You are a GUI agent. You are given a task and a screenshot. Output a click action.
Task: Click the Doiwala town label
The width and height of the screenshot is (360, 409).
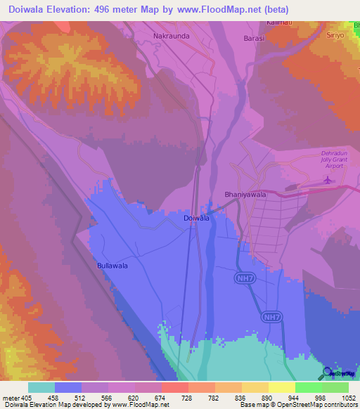pyautogui.click(x=196, y=219)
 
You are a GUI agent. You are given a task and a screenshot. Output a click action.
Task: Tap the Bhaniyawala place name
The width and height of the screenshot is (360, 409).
pyautogui.click(x=225, y=193)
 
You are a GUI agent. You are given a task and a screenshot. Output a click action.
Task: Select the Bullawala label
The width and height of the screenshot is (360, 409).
pyautogui.click(x=112, y=266)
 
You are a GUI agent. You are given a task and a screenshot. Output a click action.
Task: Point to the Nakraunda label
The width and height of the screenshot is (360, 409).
pyautogui.click(x=172, y=34)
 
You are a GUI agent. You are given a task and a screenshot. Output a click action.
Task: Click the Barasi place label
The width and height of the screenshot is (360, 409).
pyautogui.click(x=253, y=39)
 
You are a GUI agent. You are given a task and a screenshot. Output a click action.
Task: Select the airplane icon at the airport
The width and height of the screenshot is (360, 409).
pyautogui.click(x=328, y=181)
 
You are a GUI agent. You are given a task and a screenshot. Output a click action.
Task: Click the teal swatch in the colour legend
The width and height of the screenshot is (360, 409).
pyautogui.click(x=41, y=387)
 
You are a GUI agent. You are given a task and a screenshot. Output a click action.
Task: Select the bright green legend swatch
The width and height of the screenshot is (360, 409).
pyautogui.click(x=308, y=387)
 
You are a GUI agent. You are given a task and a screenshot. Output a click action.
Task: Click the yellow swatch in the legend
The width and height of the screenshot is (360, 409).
pyautogui.click(x=281, y=387)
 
